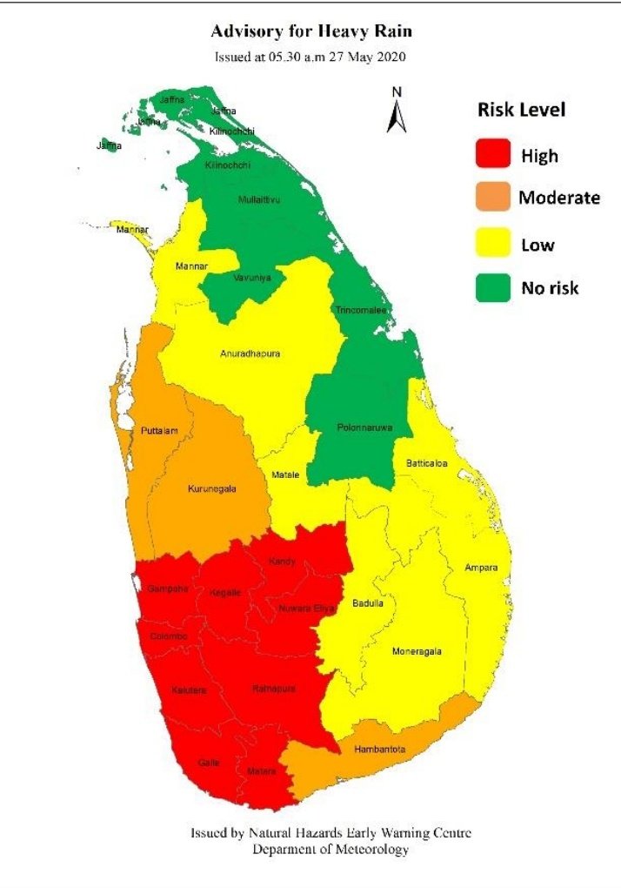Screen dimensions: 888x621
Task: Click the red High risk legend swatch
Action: [x=492, y=155]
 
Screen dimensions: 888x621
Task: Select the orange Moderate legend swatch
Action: [x=492, y=198]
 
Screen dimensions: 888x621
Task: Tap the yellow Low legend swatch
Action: [x=492, y=244]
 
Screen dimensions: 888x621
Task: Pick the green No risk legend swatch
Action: [x=492, y=287]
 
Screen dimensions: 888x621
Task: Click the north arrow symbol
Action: [x=397, y=111]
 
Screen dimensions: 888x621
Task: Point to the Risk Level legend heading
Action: [x=522, y=110]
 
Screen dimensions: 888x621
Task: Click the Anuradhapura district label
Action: [x=251, y=353]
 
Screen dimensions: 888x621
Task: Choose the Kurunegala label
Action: [x=212, y=489]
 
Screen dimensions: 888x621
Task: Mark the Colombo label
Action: [x=169, y=636]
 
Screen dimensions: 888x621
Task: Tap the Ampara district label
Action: [x=481, y=568]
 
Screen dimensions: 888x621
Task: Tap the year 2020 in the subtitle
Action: [x=391, y=57]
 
